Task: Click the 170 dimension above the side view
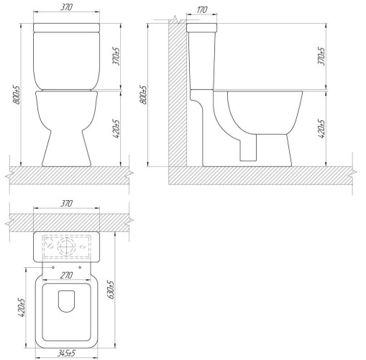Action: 202,10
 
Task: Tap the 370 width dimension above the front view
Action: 66,7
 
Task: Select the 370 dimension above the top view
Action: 66,204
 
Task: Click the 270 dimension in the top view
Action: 66,275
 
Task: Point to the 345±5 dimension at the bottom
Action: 66,354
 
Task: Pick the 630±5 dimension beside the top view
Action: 111,289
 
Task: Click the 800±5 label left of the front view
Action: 17,95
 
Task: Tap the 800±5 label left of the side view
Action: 143,95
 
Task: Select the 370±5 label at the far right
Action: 321,56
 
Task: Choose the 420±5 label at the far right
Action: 321,129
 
